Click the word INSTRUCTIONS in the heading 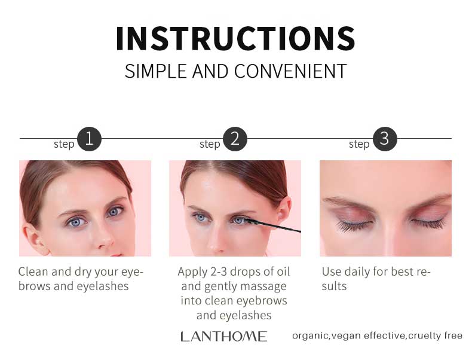[235, 38]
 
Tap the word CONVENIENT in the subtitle [290, 71]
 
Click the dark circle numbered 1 [89, 139]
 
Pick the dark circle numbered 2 [235, 139]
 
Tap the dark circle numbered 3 [385, 139]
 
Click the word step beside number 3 [359, 144]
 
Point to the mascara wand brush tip [251, 221]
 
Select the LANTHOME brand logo [224, 337]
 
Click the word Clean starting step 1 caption [33, 271]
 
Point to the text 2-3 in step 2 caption [219, 271]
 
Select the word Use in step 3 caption [332, 271]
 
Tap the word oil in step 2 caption [283, 271]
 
